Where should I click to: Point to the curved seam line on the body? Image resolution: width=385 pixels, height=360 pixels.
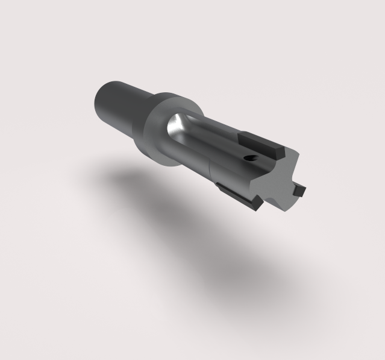[208, 169]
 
